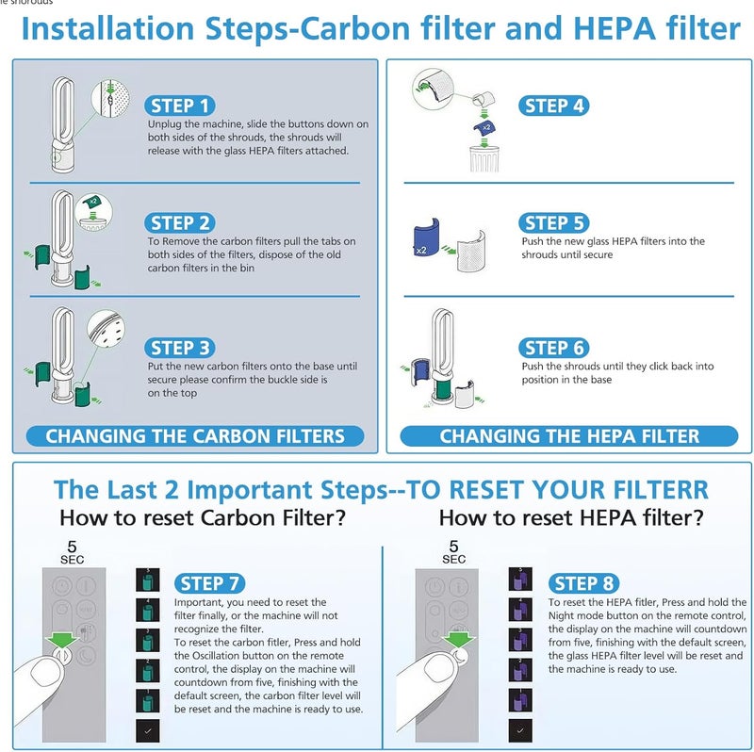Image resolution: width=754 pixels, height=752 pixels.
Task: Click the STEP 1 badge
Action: pyautogui.click(x=180, y=106)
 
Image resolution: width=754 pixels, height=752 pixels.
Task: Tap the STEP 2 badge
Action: pyautogui.click(x=180, y=223)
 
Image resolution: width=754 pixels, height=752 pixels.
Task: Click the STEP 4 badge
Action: pyautogui.click(x=554, y=106)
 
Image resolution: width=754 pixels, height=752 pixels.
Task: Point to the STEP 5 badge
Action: pyautogui.click(x=554, y=222)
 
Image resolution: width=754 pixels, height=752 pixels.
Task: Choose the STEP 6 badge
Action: pyautogui.click(x=555, y=348)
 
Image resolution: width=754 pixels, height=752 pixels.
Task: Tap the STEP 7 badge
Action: pyautogui.click(x=210, y=583)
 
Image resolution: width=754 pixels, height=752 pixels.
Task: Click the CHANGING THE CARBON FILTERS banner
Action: pyautogui.click(x=195, y=436)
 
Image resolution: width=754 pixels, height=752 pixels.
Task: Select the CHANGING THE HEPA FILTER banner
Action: pyautogui.click(x=569, y=436)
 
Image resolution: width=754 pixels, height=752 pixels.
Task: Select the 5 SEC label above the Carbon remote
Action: pyautogui.click(x=72, y=552)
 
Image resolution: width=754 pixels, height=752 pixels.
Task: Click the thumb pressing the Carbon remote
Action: pyautogui.click(x=47, y=683)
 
